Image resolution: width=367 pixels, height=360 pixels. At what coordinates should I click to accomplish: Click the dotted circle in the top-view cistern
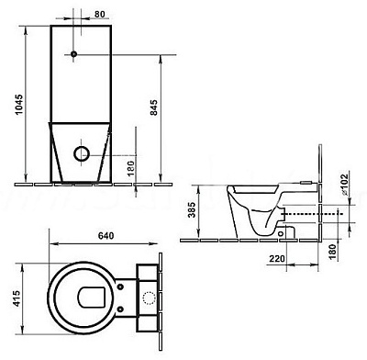[x=150, y=297]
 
